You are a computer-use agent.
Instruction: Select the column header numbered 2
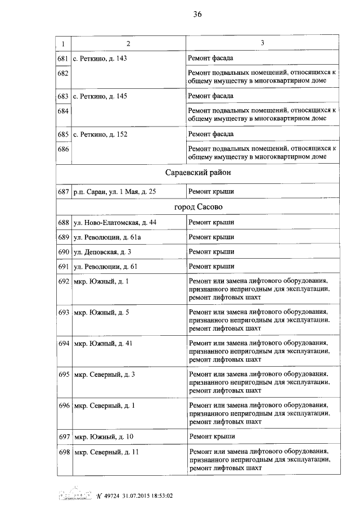coord(128,43)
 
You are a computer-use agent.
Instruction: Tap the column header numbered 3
coord(263,43)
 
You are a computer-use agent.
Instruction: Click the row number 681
coord(63,58)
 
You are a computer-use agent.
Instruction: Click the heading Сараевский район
coord(198,173)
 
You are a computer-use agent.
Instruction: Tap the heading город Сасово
coord(198,207)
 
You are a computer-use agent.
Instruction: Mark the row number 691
coord(63,266)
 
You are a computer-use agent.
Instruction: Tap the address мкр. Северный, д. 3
coord(105,374)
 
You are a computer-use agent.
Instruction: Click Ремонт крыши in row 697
coord(211,436)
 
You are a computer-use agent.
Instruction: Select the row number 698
coord(63,452)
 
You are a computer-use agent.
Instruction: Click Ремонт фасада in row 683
coord(211,96)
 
